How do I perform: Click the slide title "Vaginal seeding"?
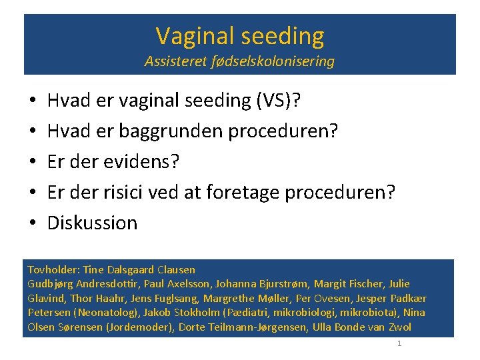tap(240, 35)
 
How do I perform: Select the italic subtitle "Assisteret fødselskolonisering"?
tap(240, 62)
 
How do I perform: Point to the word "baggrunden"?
tap(172, 131)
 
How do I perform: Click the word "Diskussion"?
tap(92, 223)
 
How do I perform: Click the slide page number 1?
tap(399, 343)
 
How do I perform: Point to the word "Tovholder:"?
tap(53, 270)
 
